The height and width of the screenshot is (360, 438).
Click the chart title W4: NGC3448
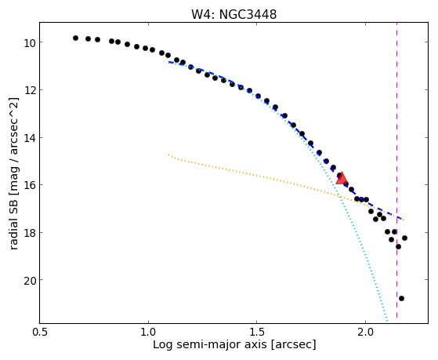click(233, 14)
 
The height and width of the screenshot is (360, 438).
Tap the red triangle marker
click(342, 179)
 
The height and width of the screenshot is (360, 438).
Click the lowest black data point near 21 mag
click(401, 299)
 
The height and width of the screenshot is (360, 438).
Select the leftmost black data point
click(75, 38)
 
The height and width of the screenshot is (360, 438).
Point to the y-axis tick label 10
click(29, 43)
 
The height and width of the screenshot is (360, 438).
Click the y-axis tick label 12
click(29, 90)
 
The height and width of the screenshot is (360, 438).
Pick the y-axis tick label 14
click(29, 137)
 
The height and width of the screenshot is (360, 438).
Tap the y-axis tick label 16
click(29, 185)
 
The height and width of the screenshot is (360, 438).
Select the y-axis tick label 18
click(29, 232)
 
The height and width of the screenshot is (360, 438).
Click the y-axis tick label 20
click(29, 280)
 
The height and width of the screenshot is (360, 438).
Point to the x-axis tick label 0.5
click(40, 332)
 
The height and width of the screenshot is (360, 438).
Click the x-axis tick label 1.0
click(148, 332)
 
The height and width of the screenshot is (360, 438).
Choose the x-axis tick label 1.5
click(257, 332)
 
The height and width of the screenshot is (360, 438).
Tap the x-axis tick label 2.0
click(365, 332)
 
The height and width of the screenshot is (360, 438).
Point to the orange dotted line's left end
click(168, 155)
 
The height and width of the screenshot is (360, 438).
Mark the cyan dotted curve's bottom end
click(387, 321)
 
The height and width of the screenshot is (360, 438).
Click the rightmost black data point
click(404, 238)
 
